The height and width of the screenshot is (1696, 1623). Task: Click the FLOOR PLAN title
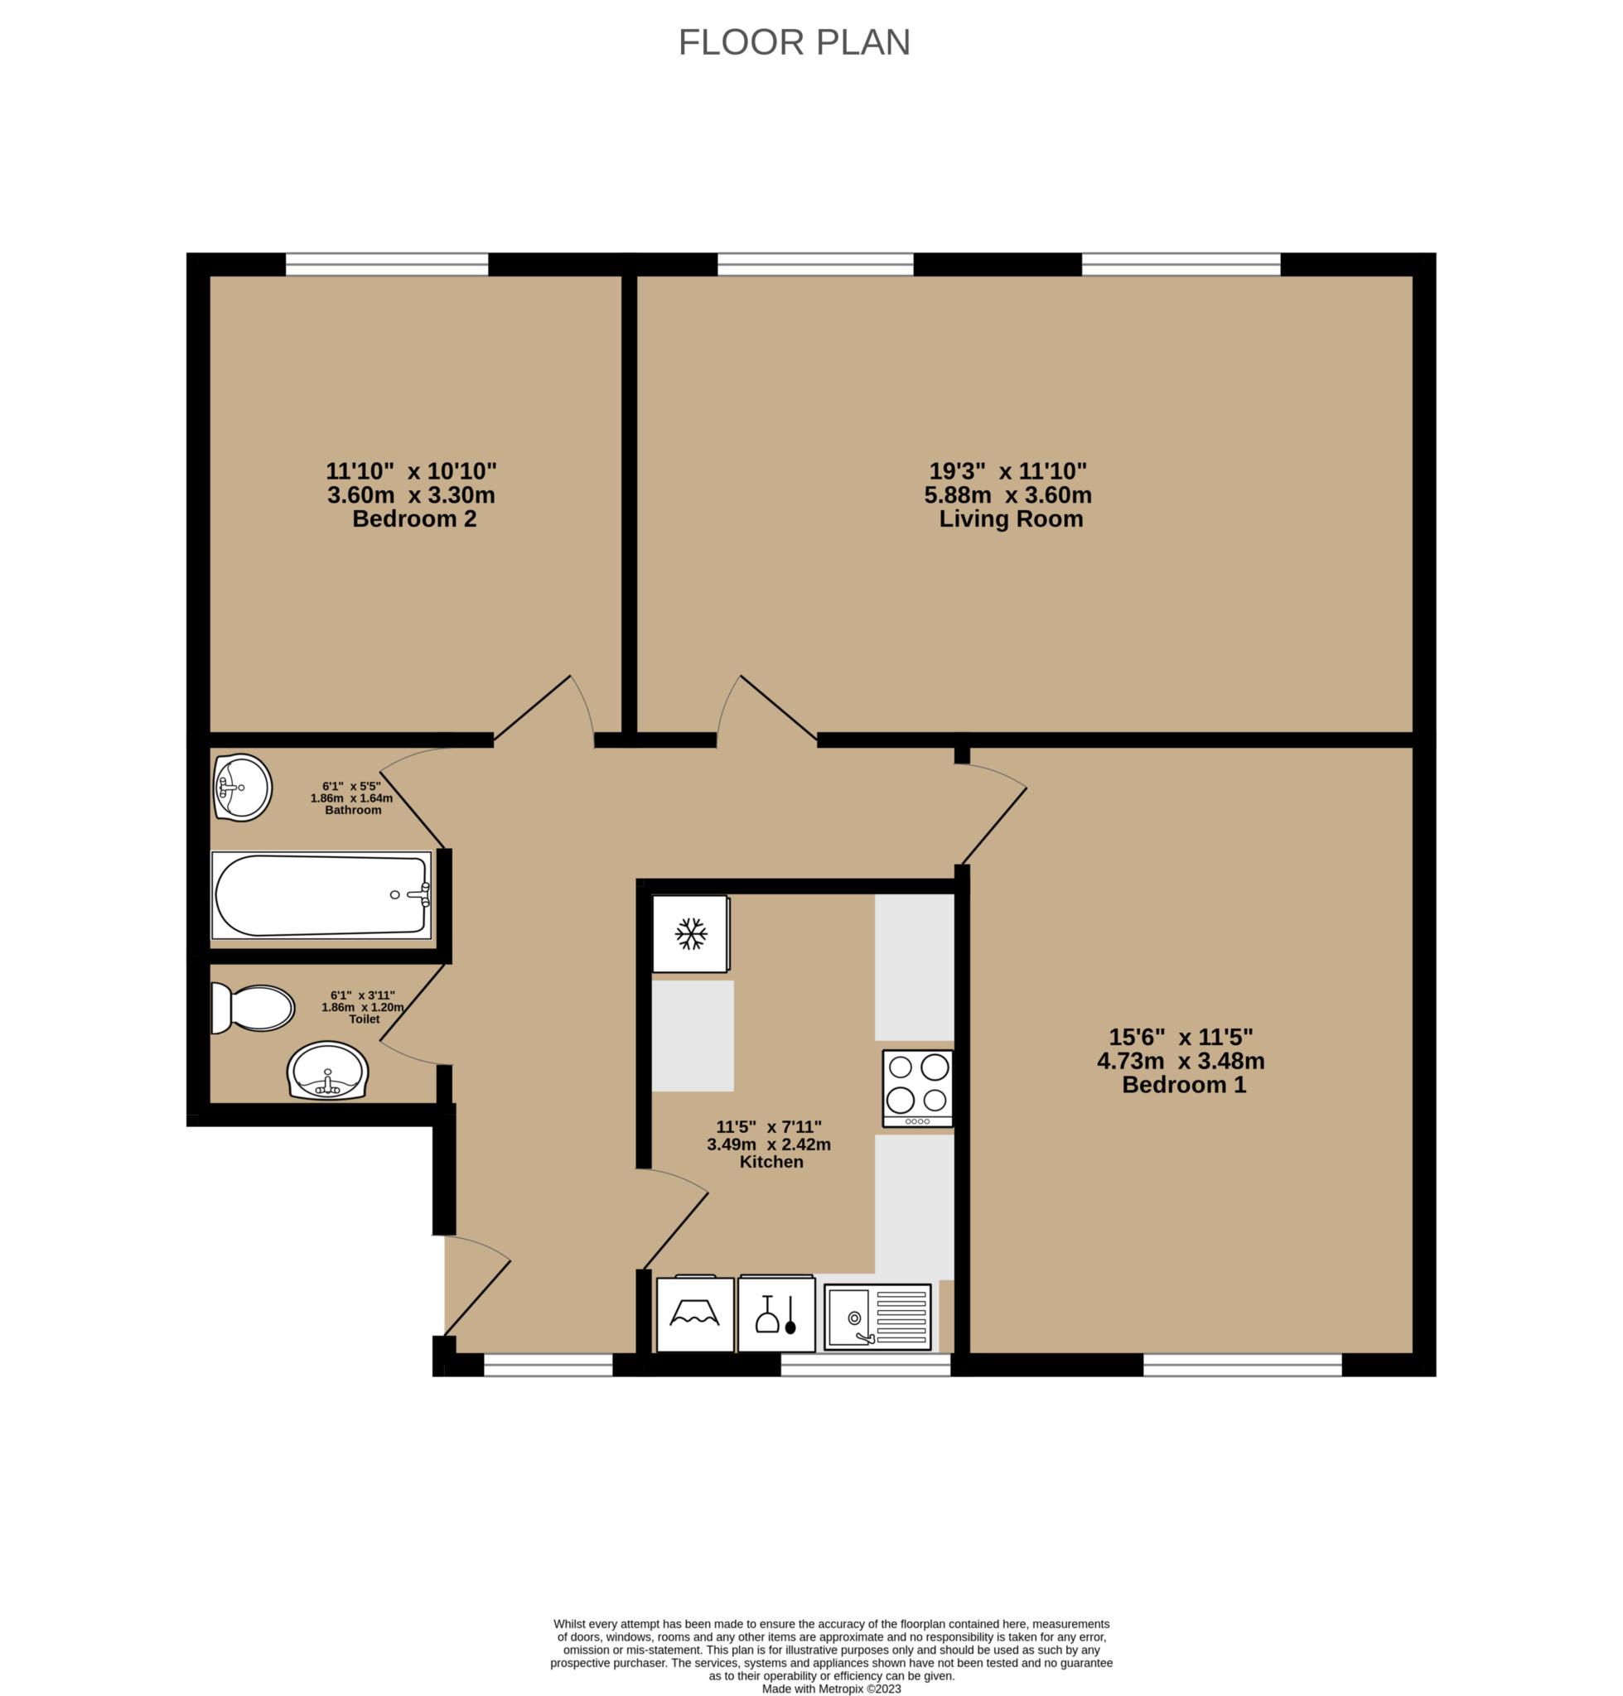coord(794,42)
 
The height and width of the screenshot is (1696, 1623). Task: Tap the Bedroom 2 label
coord(414,519)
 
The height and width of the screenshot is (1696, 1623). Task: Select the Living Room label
coord(1011,519)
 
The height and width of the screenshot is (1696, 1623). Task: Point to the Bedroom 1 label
coord(1184,1085)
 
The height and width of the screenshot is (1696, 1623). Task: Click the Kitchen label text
coord(770,1163)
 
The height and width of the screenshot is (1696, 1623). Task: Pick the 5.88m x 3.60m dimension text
coord(1008,495)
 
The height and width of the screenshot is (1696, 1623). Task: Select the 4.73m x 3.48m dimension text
coord(1181,1060)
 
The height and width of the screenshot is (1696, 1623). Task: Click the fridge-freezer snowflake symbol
coord(690,934)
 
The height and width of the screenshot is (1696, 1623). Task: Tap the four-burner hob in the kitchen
coord(917,1088)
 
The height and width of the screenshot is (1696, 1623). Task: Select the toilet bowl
coord(253,1009)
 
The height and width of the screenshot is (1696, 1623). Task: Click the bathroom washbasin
coord(243,788)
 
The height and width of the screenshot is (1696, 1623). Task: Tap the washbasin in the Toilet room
coord(328,1071)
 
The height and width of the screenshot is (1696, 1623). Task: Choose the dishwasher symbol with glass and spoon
coord(776,1313)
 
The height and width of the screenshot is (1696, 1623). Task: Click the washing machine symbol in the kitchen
coord(695,1313)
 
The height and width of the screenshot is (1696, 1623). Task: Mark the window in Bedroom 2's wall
coord(387,265)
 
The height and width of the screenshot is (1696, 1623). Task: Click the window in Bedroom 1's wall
coord(1243,1365)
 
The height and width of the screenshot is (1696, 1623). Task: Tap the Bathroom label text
coord(353,811)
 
